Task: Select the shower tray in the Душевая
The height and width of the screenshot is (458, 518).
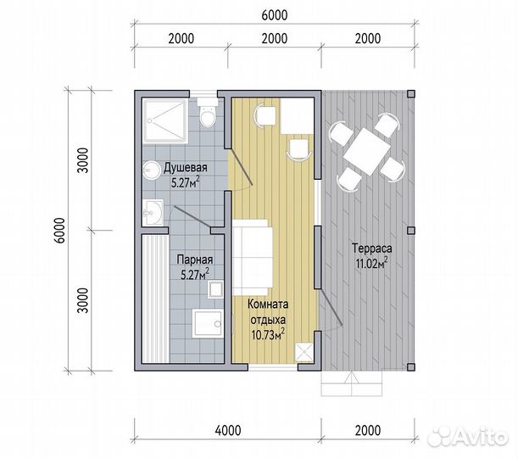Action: [x=165, y=121]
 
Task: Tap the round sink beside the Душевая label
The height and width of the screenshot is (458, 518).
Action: [x=151, y=170]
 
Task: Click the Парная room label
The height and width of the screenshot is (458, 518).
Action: [x=195, y=260]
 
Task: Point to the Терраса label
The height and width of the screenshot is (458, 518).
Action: [x=371, y=248]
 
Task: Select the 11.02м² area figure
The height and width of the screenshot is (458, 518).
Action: [x=371, y=264]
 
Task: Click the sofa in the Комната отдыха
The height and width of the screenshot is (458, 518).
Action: [x=253, y=258]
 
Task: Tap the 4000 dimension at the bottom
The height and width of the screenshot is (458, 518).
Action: [x=228, y=430]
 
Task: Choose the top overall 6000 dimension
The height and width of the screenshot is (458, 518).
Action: [x=275, y=15]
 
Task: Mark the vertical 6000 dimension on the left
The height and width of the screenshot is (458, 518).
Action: [x=60, y=231]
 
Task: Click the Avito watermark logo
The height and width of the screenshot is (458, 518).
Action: [x=467, y=437]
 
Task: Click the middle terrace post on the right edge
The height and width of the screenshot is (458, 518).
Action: [x=410, y=231]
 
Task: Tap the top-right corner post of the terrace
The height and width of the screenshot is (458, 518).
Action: [x=410, y=94]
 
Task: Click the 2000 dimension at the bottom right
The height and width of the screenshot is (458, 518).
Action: [x=368, y=430]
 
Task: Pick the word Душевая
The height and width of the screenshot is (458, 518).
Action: [x=186, y=168]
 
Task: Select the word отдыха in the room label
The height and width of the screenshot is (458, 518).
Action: [x=268, y=320]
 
